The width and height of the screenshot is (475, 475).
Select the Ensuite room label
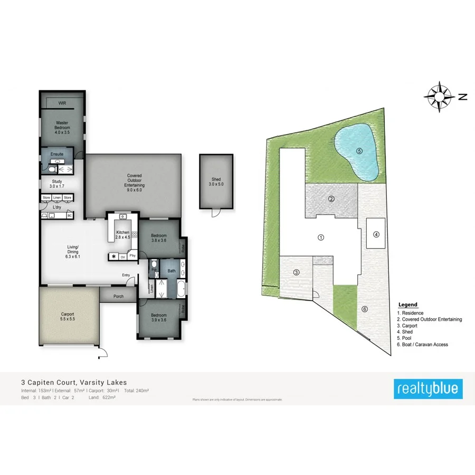[57, 154]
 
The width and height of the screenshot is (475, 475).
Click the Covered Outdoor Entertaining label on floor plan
[134, 180]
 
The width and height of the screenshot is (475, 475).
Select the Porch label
[119, 296]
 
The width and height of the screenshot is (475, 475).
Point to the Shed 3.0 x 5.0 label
[215, 182]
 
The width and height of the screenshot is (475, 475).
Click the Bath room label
[172, 271]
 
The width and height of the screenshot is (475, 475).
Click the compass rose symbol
[439, 97]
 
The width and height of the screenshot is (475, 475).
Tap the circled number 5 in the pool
[359, 150]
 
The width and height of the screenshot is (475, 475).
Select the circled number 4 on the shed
[376, 235]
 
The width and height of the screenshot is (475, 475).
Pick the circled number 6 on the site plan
[364, 309]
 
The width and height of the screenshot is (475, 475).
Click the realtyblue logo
[429, 389]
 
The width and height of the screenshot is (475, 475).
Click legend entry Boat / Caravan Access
[422, 345]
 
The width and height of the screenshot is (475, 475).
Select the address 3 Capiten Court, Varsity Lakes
[74, 382]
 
